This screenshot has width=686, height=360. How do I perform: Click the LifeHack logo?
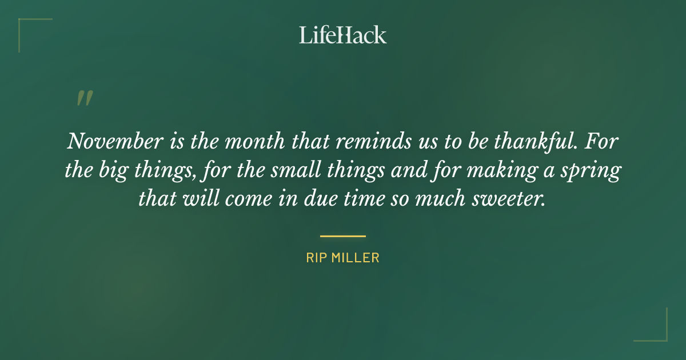pos(342,35)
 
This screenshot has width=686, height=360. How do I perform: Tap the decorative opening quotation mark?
pos(84,99)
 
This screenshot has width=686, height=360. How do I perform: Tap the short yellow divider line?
pos(342,235)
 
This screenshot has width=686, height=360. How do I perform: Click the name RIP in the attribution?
pos(317,258)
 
